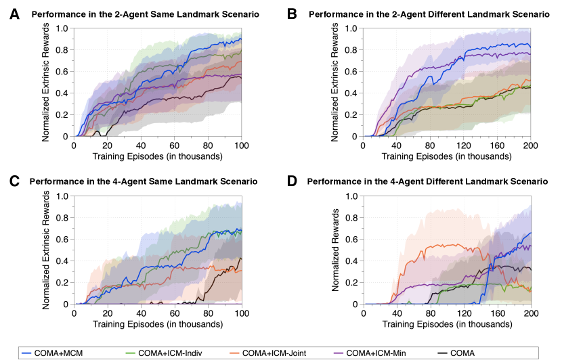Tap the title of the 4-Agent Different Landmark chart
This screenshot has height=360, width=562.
427,181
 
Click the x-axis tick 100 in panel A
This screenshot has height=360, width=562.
242,146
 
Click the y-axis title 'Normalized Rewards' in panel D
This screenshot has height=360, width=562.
334,250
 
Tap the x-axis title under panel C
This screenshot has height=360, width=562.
158,324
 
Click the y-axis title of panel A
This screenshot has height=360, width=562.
45,83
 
